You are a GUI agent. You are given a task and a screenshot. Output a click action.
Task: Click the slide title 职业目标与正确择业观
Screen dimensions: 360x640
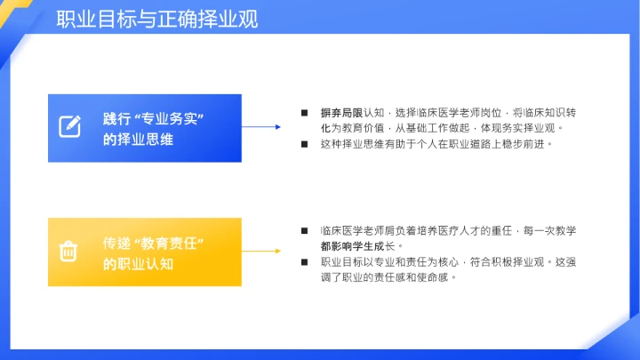157,19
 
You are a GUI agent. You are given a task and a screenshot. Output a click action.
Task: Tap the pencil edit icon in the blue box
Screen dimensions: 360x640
70,126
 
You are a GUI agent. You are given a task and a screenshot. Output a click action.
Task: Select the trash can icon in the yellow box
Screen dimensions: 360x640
69,252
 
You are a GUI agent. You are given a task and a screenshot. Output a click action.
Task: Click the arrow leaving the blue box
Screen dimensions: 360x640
263,126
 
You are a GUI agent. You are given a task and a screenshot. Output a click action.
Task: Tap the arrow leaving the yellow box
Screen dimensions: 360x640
263,251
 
